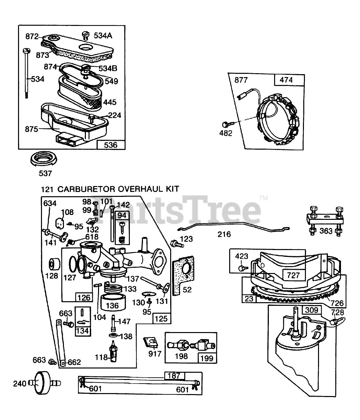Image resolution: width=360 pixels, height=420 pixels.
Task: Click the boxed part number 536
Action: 110,145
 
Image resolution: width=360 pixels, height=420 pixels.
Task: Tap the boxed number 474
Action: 286,80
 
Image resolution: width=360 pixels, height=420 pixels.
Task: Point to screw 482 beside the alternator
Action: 226,124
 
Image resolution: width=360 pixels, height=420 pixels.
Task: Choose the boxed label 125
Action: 161,318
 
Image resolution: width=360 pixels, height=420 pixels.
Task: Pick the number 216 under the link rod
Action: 224,234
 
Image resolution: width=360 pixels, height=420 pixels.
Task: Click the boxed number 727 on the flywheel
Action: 293,275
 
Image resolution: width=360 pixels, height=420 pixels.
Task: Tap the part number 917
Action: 155,354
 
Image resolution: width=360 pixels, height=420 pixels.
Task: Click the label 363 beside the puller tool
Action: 326,231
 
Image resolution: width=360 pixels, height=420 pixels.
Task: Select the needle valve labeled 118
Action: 114,353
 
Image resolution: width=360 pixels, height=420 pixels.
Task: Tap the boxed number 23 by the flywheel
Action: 249,299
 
